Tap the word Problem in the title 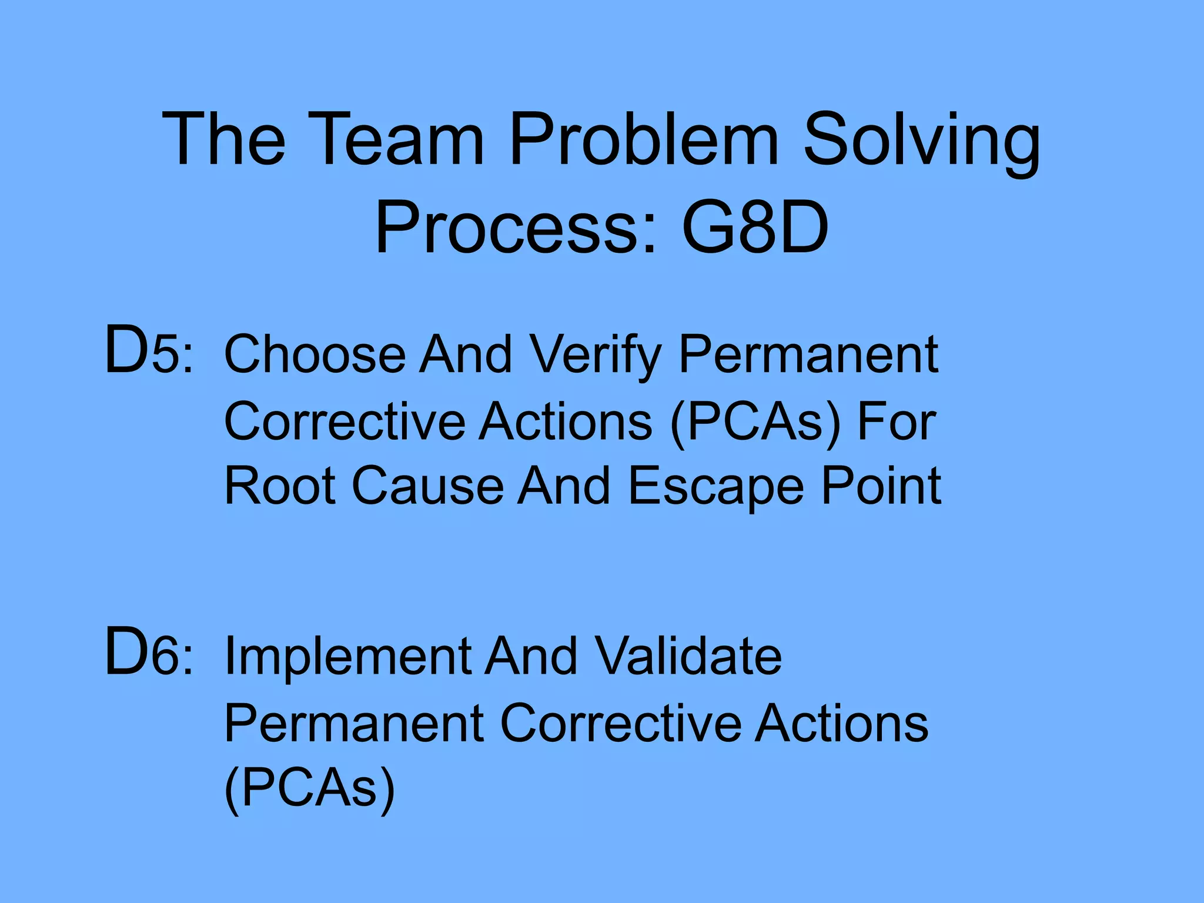[x=644, y=140]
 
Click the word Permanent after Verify [x=808, y=356]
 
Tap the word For [x=896, y=422]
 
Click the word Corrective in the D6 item [x=621, y=723]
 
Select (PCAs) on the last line [x=310, y=789]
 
